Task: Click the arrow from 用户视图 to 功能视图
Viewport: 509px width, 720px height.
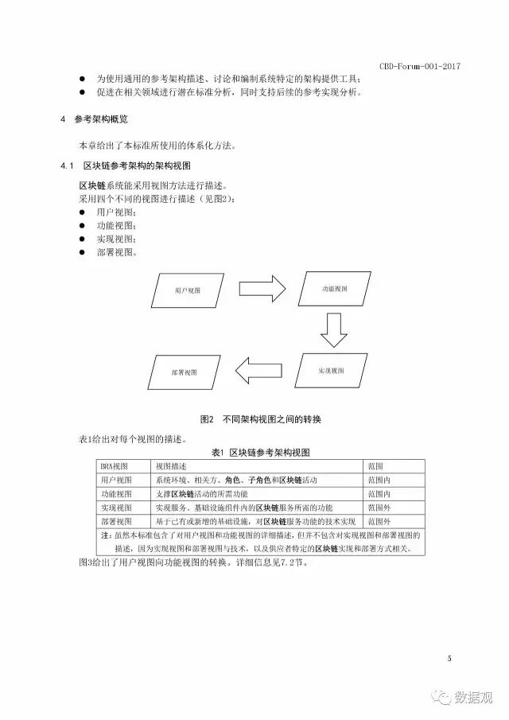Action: [x=261, y=288]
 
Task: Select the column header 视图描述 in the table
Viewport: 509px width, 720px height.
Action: [x=171, y=466]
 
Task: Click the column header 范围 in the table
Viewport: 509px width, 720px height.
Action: [x=375, y=466]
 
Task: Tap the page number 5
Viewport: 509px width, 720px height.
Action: [x=449, y=658]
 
